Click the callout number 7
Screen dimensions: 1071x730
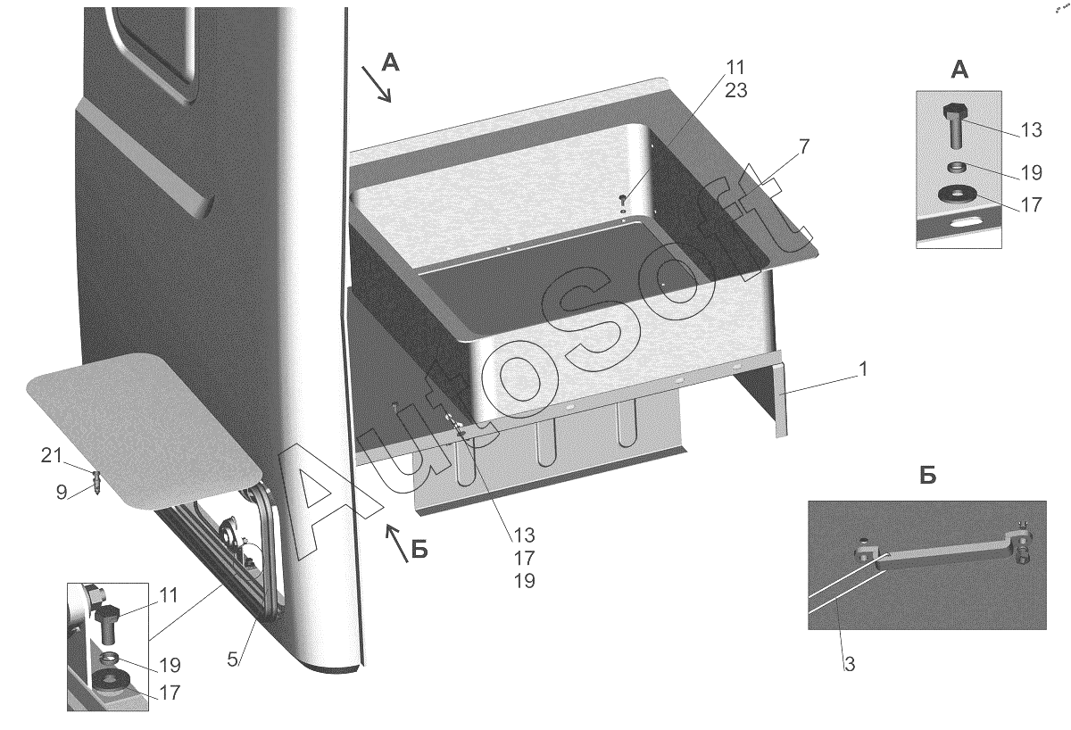[804, 146]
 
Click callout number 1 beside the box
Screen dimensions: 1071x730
[862, 369]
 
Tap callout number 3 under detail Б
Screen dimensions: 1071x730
[849, 665]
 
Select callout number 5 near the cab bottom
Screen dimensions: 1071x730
[232, 659]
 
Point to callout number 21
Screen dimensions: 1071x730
[51, 456]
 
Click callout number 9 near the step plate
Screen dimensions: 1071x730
[62, 493]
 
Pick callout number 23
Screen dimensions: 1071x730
[735, 90]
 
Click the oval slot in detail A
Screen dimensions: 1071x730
[967, 223]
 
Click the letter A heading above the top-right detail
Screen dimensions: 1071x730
[960, 71]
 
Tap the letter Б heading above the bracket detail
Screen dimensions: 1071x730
[928, 475]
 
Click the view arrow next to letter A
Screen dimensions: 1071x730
[377, 84]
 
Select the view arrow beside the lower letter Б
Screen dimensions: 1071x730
[397, 543]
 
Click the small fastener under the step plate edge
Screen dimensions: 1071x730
[97, 482]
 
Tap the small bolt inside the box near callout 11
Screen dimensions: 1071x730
[623, 199]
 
